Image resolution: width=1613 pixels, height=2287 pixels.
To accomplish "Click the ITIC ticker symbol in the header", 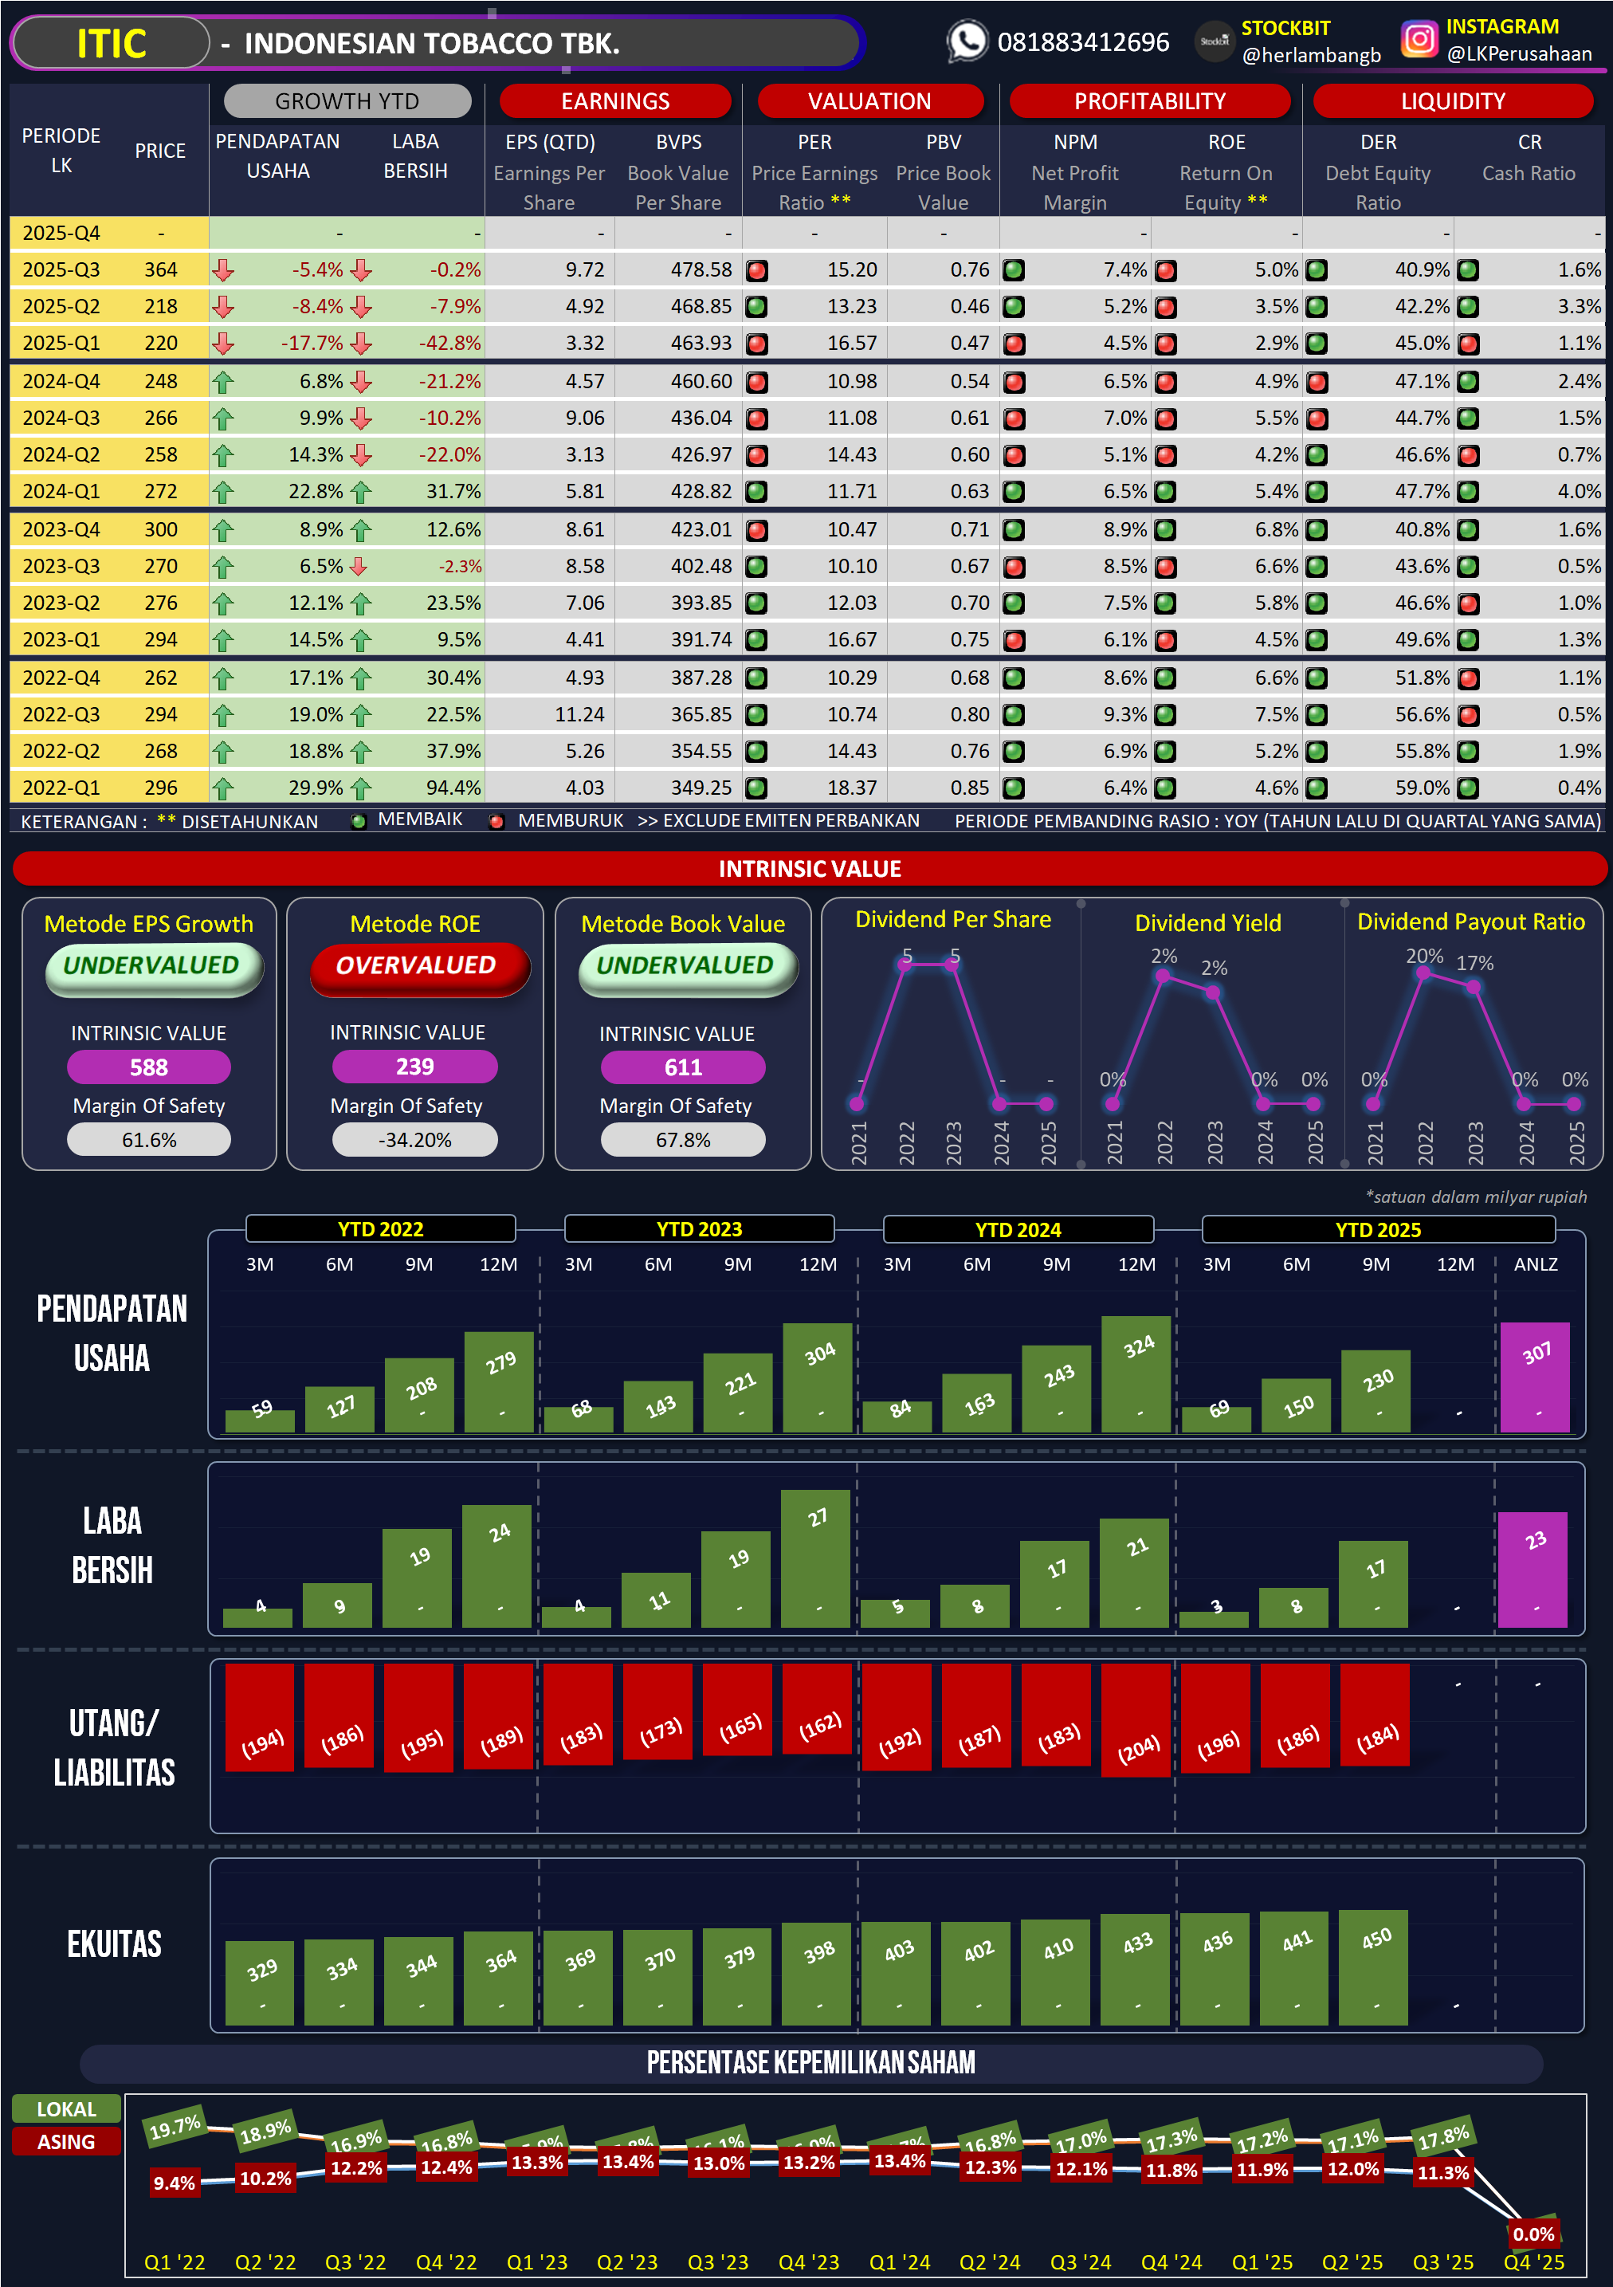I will [x=112, y=44].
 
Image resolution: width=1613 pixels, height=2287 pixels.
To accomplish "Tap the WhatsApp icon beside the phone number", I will [x=966, y=41].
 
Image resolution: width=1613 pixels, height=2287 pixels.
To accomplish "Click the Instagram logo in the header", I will [x=1419, y=40].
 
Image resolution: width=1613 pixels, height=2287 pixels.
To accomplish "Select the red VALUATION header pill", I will [x=869, y=101].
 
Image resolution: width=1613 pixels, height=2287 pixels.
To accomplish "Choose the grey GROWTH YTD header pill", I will [x=347, y=101].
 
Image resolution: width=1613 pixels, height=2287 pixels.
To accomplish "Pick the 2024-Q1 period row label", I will [x=61, y=491].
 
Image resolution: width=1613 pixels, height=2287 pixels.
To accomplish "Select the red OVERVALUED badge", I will [x=416, y=966].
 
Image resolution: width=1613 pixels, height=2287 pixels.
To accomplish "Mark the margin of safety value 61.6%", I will [x=148, y=1141].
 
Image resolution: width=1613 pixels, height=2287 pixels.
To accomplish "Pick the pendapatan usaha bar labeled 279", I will [x=500, y=1381].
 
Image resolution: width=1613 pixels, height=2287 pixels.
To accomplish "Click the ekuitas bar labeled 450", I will [x=1374, y=1967].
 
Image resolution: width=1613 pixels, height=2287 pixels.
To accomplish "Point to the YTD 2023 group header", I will [x=699, y=1229].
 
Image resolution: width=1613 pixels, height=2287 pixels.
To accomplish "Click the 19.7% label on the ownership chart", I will [x=175, y=2128].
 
